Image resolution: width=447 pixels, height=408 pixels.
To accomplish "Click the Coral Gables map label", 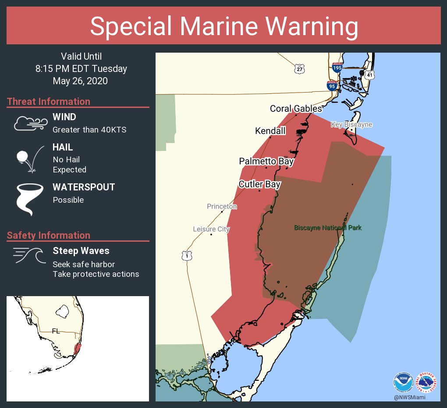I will pyautogui.click(x=296, y=108).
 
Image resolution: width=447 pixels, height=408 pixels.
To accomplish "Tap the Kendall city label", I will pyautogui.click(x=270, y=131).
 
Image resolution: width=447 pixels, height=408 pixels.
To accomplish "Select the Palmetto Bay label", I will pyautogui.click(x=266, y=161).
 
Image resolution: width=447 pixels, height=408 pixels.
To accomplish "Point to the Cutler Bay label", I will pyautogui.click(x=259, y=184).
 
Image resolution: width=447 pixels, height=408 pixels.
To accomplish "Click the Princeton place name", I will pyautogui.click(x=222, y=206).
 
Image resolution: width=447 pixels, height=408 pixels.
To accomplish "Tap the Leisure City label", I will pyautogui.click(x=211, y=229).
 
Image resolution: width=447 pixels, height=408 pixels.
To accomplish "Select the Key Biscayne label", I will pyautogui.click(x=351, y=125).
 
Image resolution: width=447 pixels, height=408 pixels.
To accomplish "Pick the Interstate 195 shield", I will pyautogui.click(x=337, y=67).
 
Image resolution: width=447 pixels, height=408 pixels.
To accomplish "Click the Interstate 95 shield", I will pyautogui.click(x=332, y=86).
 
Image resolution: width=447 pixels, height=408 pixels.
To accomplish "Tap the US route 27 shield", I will pyautogui.click(x=299, y=69).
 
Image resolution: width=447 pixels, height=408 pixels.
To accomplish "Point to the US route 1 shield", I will pyautogui.click(x=187, y=256).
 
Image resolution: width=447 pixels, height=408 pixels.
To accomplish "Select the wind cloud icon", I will pyautogui.click(x=29, y=124).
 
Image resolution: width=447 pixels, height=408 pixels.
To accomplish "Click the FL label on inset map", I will pyautogui.click(x=56, y=331).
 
